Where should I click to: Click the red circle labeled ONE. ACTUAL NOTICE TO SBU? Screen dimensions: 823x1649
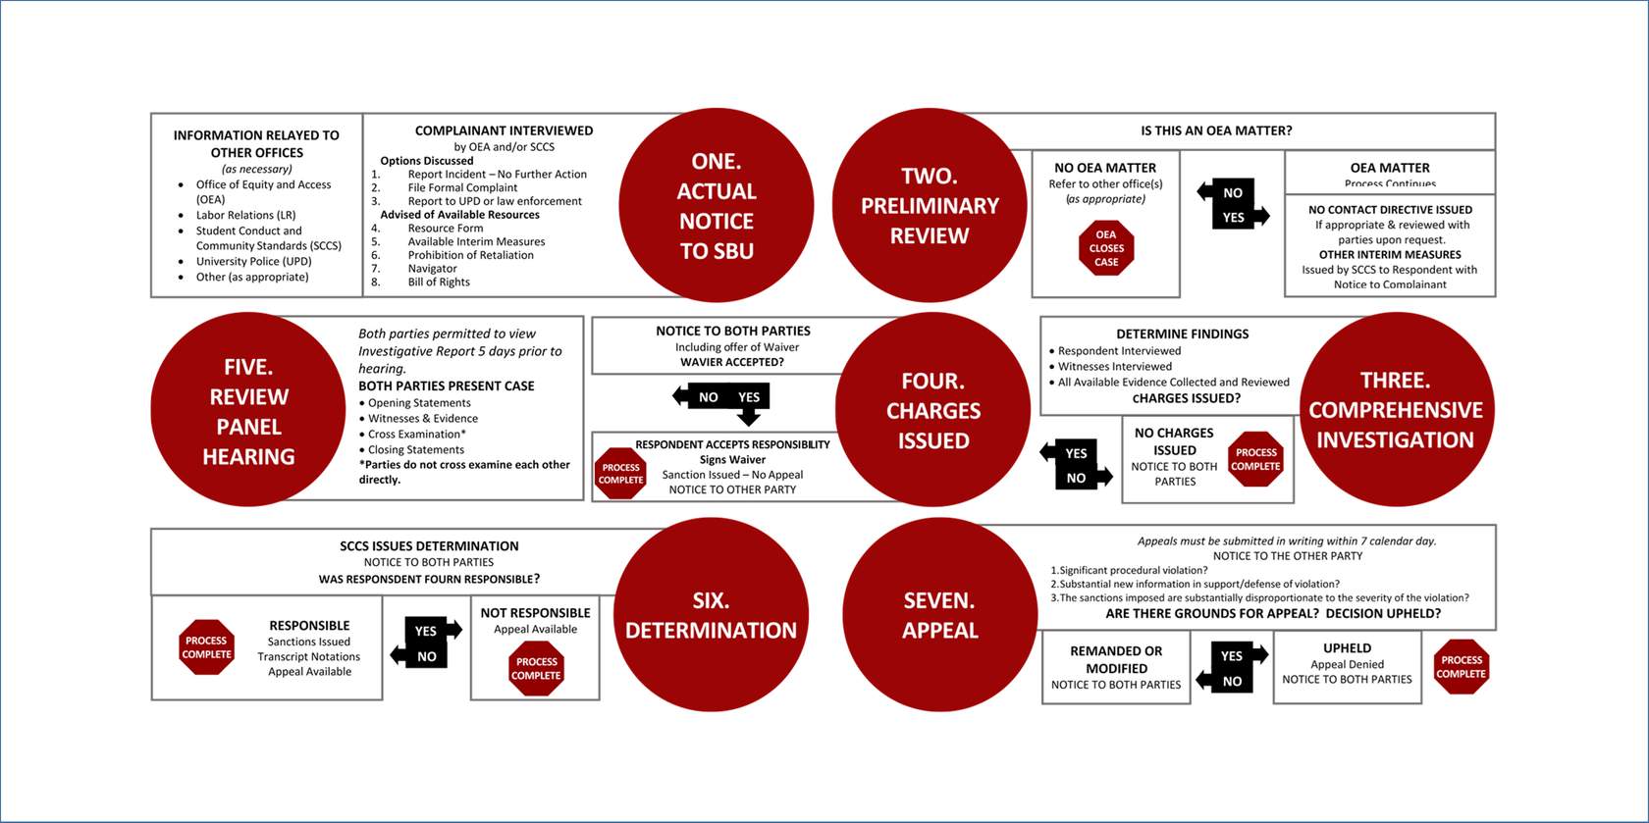click(717, 205)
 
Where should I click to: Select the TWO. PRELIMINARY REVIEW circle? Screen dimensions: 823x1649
click(929, 205)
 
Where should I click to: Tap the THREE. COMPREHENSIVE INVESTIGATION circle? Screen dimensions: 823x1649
click(1395, 409)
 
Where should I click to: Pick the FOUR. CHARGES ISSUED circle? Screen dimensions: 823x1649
click(932, 410)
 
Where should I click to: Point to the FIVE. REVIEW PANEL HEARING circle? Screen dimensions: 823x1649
click(248, 410)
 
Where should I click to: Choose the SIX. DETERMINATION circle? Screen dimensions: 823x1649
click(711, 615)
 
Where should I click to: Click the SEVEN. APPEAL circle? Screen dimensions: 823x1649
click(939, 615)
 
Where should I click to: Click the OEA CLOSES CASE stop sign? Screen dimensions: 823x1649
click(1106, 248)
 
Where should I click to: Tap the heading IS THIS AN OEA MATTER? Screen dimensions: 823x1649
click(1216, 130)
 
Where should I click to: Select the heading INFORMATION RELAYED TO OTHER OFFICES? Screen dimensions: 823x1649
click(256, 143)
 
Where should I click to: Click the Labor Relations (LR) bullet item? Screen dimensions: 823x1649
click(245, 215)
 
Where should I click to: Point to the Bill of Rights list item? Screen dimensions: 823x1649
click(439, 283)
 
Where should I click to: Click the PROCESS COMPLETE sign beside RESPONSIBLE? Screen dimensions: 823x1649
click(207, 647)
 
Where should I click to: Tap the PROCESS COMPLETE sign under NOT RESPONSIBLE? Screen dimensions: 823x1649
click(536, 668)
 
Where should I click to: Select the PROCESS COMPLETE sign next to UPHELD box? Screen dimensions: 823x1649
click(1461, 667)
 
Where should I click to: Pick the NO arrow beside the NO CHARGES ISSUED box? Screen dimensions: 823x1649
click(1079, 478)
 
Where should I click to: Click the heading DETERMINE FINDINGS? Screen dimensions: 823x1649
click(1182, 334)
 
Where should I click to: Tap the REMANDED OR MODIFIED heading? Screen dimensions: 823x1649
click(1116, 659)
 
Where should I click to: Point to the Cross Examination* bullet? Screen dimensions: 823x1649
click(417, 434)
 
